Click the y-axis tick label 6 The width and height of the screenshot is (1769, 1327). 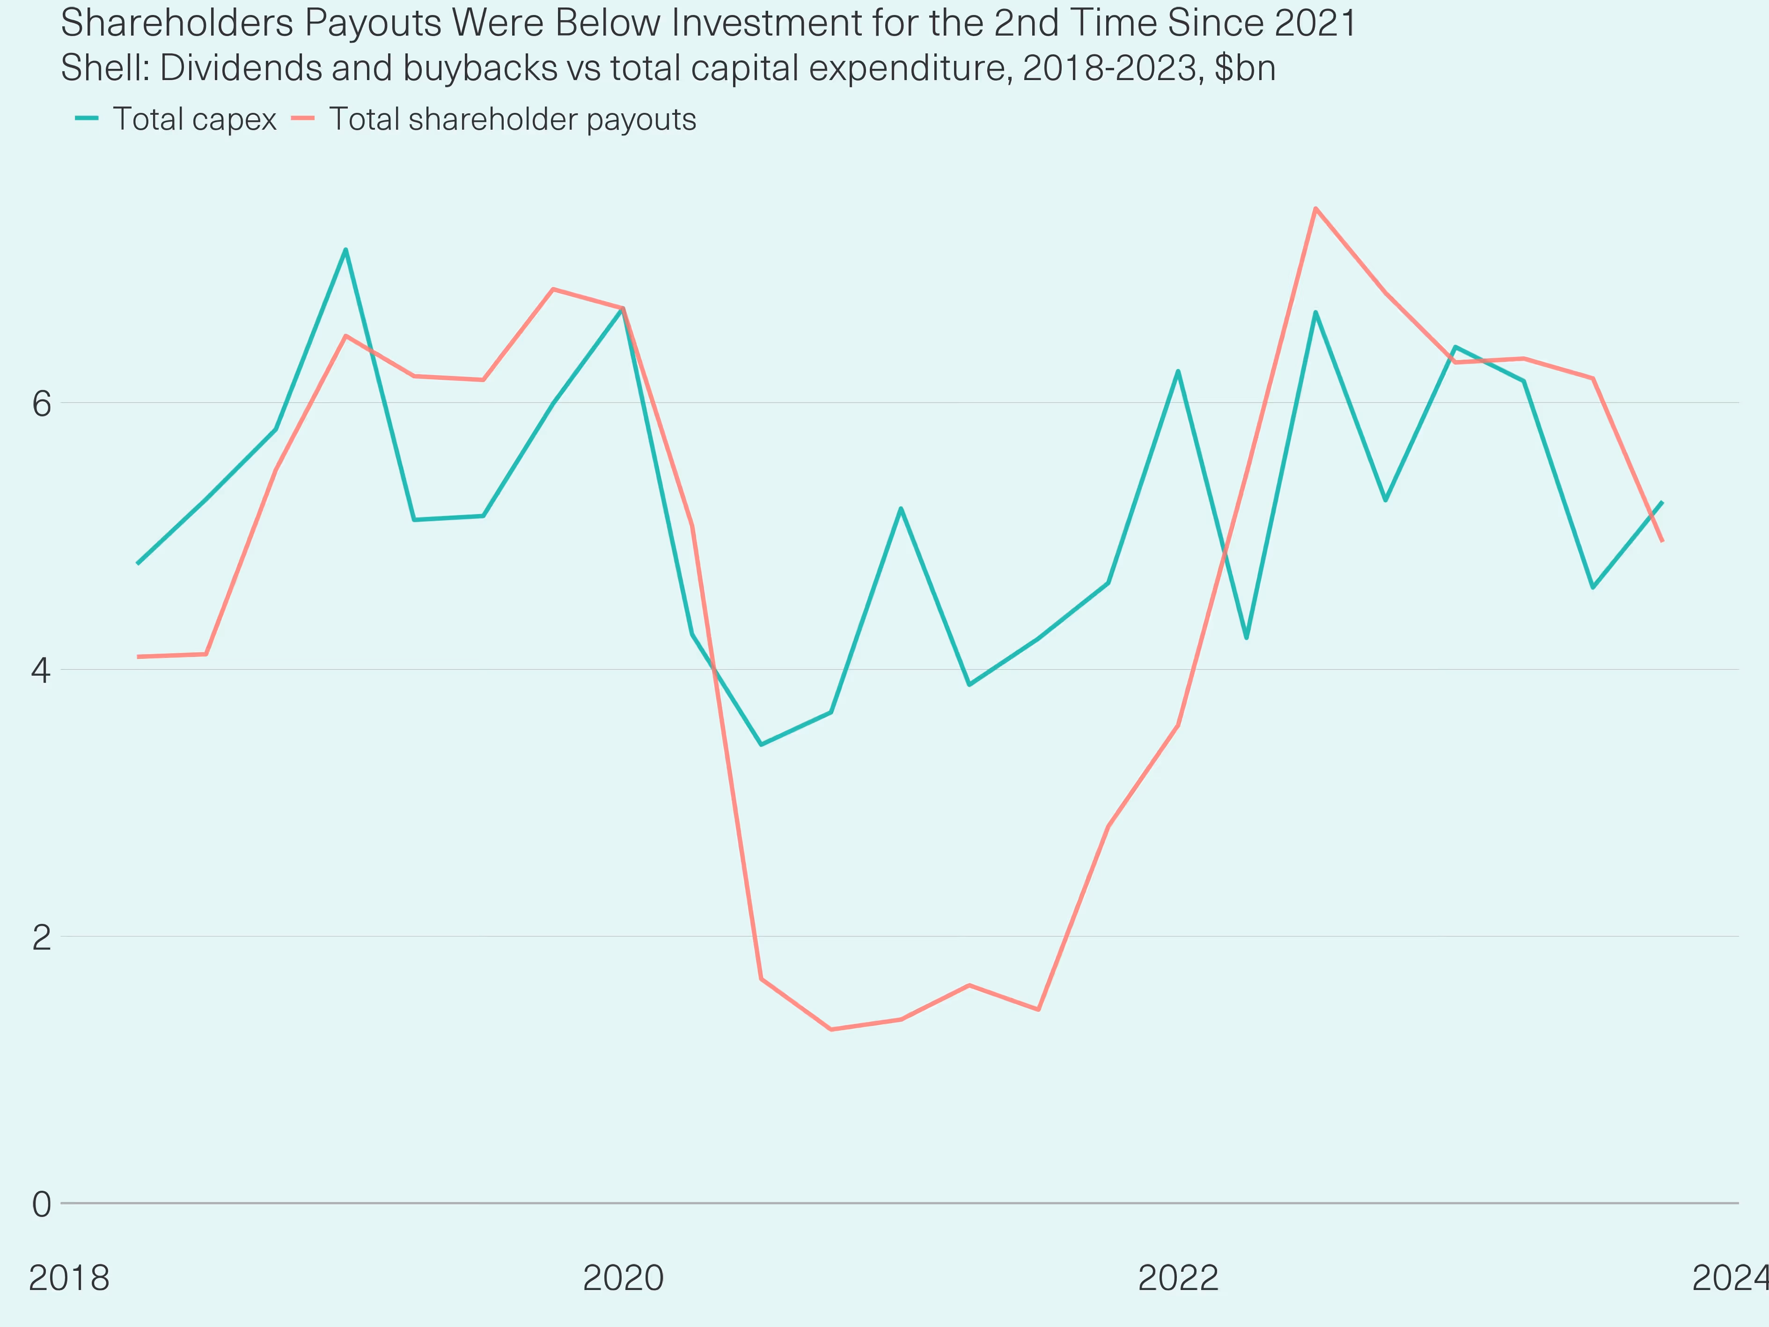[42, 404]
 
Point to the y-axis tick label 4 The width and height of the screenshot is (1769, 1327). [42, 671]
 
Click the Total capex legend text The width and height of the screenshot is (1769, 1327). [194, 119]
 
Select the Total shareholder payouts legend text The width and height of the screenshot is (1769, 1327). [513, 119]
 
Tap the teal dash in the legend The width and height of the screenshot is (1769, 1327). [87, 118]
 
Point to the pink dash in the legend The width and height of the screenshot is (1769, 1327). [303, 118]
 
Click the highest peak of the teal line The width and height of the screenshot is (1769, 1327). [345, 250]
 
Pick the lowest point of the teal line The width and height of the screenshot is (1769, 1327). [761, 745]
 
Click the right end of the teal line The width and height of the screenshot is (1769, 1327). [1663, 502]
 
